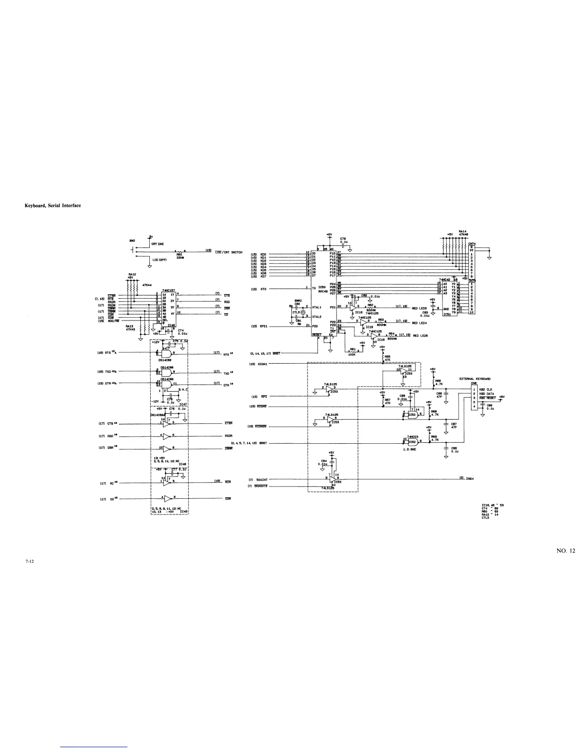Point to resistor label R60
tap(179, 254)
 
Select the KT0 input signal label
tap(264, 288)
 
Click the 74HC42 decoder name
tap(446, 280)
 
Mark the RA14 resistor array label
tap(463, 231)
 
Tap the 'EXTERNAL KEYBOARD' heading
tap(475, 379)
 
